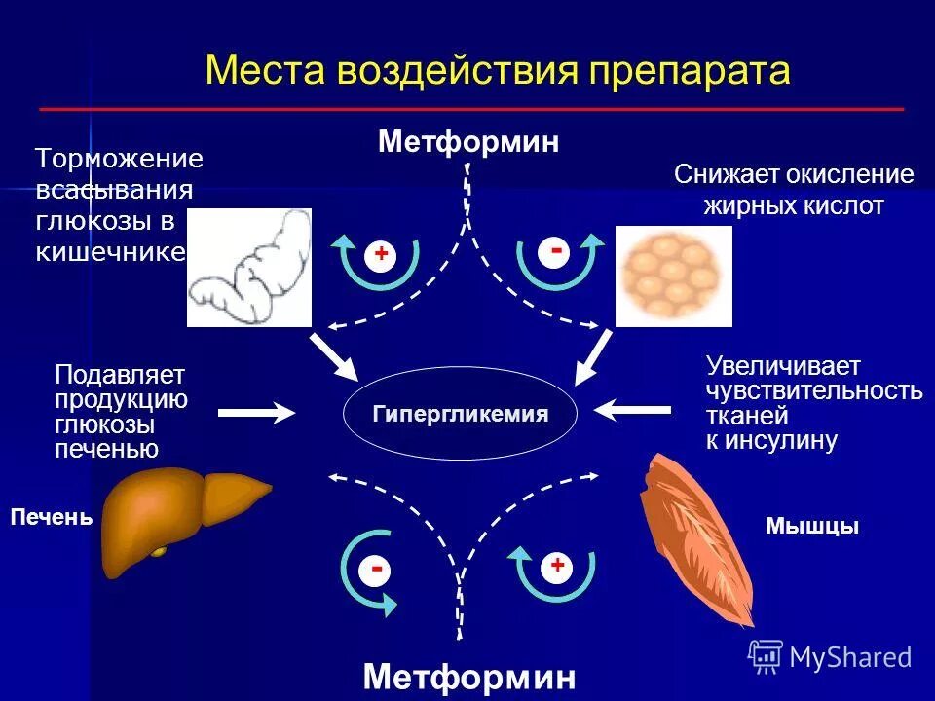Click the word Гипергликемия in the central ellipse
[460, 414]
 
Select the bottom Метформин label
[468, 676]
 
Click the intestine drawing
[249, 267]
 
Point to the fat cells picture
[673, 276]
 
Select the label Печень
[51, 517]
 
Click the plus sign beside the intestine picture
[381, 254]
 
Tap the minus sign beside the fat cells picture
[556, 251]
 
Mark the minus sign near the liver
[376, 568]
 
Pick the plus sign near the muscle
[557, 565]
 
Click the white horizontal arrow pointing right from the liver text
[256, 413]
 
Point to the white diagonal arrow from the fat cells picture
[592, 357]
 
